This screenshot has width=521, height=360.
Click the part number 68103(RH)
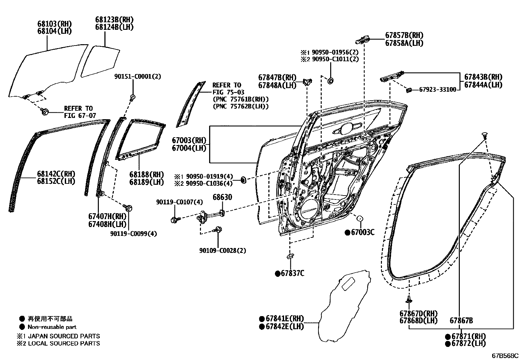[x=54, y=24]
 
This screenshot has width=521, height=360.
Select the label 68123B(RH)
[x=115, y=20]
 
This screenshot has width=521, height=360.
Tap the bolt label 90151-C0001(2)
[x=137, y=76]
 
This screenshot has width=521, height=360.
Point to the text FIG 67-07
[x=78, y=115]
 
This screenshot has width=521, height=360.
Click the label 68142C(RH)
[x=56, y=174]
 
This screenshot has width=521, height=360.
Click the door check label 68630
[x=222, y=197]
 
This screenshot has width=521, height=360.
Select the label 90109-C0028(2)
[x=223, y=251]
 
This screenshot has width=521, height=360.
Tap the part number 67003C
[x=362, y=232]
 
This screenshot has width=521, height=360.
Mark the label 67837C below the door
[x=292, y=273]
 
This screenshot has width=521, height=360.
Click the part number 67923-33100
[x=438, y=89]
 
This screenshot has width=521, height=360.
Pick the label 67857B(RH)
[x=404, y=35]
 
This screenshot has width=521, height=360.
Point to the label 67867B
[x=461, y=320]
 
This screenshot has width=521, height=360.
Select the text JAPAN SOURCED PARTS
[x=64, y=336]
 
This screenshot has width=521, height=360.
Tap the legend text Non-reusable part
[x=52, y=327]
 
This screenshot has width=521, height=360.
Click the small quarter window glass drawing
[x=100, y=61]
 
